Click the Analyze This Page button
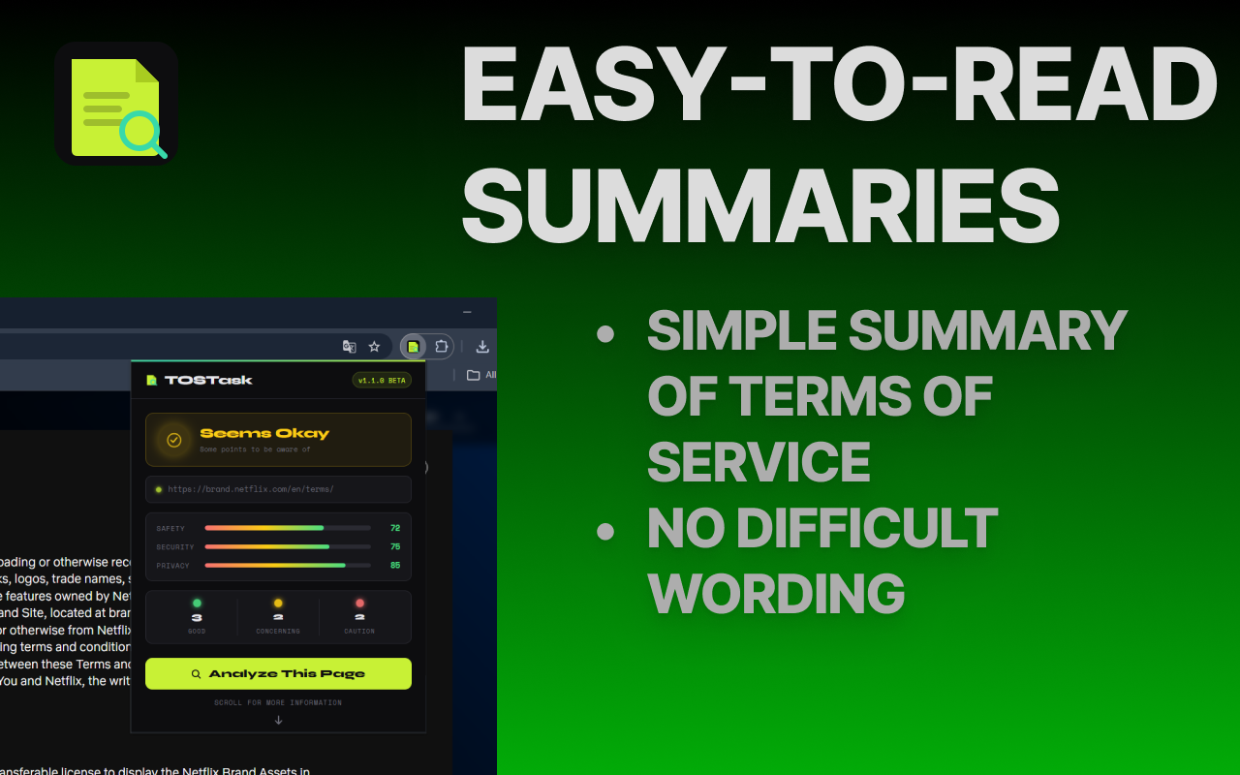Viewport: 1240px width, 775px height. tap(278, 673)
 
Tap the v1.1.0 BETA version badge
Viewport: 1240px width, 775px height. tap(382, 380)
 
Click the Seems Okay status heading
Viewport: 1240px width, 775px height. tap(264, 433)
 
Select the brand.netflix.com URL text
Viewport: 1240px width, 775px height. tap(251, 489)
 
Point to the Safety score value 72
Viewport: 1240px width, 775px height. tap(395, 528)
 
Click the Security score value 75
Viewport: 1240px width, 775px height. tap(395, 546)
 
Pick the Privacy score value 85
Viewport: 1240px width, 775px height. tap(395, 565)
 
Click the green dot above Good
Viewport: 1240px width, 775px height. tap(197, 603)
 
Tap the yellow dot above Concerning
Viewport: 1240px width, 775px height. tap(278, 603)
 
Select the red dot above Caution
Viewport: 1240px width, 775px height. tap(359, 603)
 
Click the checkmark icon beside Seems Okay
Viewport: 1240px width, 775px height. tap(174, 440)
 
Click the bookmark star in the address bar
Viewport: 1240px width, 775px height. tap(374, 347)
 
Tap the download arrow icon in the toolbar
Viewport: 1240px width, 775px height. tap(482, 347)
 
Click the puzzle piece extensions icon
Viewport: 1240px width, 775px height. tap(441, 347)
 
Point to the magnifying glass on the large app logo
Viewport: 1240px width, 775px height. tap(143, 133)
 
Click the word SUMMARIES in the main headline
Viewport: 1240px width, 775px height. tap(759, 206)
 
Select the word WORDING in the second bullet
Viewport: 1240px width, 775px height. tap(775, 593)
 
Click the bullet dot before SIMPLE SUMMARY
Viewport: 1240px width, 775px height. tap(605, 334)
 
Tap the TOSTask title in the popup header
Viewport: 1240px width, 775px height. tap(208, 380)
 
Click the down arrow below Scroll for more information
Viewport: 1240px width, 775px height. tap(278, 720)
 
